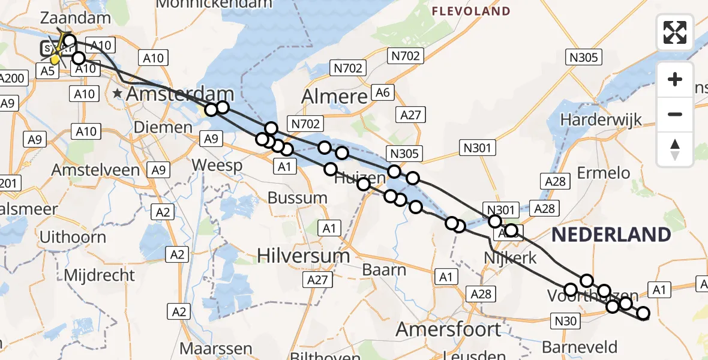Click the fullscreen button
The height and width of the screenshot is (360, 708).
[x=675, y=32]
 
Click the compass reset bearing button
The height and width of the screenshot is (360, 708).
[x=675, y=149]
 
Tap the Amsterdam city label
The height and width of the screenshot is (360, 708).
[x=179, y=94]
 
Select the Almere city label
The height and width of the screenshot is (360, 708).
[x=334, y=97]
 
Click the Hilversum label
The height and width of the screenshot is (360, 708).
[x=304, y=256]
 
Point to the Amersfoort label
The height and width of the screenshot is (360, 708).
[x=448, y=329]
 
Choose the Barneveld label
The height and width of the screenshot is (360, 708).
[x=579, y=347]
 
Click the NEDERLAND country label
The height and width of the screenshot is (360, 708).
[x=611, y=235]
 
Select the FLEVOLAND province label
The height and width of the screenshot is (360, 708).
[x=471, y=11]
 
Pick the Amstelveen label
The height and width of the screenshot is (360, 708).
[x=95, y=170]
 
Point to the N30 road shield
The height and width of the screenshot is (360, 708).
[x=566, y=321]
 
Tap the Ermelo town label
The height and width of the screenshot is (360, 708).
[x=603, y=173]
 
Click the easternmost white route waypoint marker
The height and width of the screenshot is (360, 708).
[x=643, y=313]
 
